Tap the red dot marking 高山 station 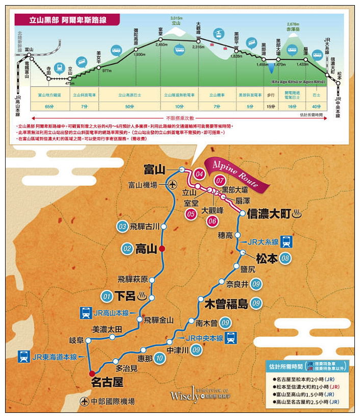click(162, 249)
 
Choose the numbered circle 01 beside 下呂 click(107, 296)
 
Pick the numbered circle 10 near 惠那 click(160, 358)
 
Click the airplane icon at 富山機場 click(173, 185)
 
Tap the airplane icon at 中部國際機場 click(85, 402)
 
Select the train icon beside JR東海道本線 click(23, 356)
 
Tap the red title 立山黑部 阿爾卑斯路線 click(67, 19)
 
